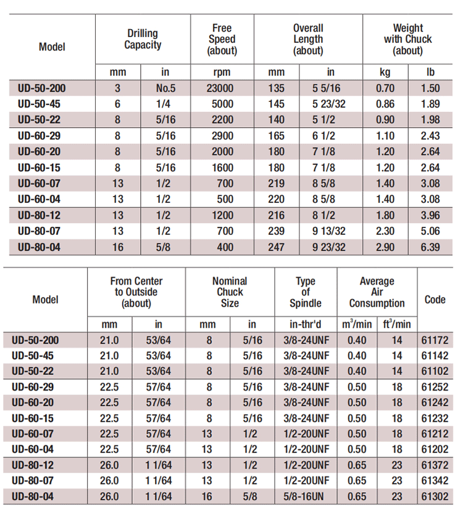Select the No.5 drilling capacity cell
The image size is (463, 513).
[165, 88]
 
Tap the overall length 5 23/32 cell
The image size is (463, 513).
[328, 104]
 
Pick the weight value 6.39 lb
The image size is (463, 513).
[430, 247]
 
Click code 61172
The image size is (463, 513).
[435, 339]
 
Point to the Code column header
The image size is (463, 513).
[435, 300]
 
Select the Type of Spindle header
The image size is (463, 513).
[305, 292]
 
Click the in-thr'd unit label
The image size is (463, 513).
[305, 324]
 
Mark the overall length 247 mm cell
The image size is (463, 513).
[277, 247]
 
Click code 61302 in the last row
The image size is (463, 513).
[435, 496]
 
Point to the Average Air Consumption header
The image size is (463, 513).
[377, 292]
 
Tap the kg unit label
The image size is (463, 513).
[385, 72]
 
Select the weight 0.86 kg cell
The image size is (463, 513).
[385, 104]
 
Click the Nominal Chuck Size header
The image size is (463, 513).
[230, 292]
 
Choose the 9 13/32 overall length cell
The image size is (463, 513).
[328, 231]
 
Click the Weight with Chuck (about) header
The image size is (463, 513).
[407, 39]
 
